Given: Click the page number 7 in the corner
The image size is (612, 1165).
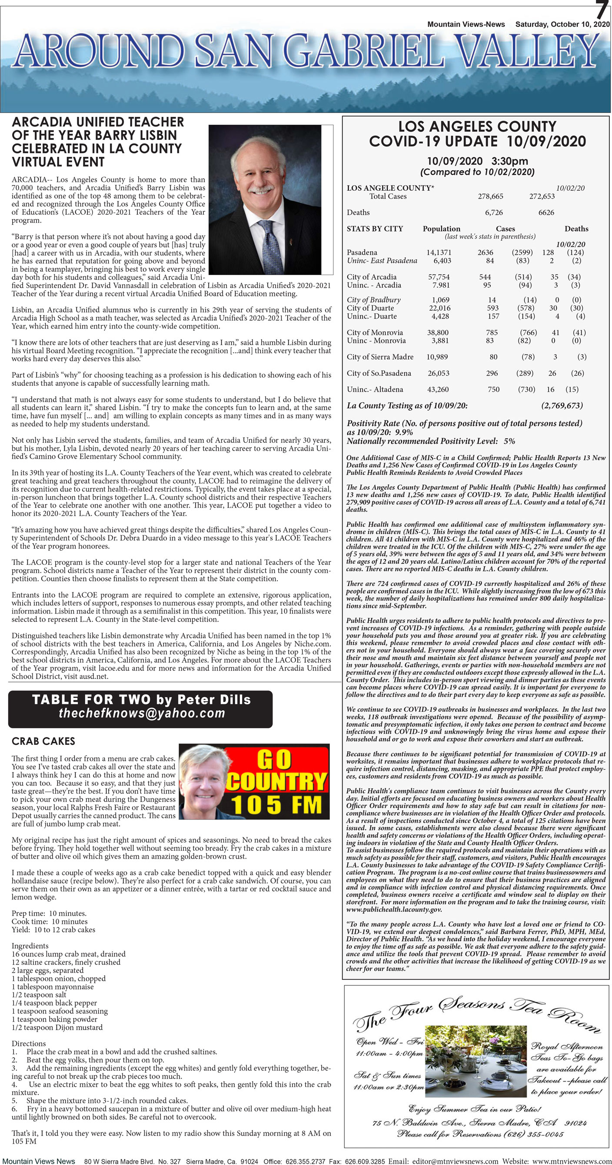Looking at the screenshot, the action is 602,10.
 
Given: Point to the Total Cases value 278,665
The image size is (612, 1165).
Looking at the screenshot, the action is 490,196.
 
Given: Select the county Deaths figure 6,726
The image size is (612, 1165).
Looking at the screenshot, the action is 493,212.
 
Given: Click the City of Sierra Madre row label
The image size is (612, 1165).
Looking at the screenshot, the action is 380,357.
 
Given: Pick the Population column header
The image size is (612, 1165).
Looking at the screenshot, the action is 441,229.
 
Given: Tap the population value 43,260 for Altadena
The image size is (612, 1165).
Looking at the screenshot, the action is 438,389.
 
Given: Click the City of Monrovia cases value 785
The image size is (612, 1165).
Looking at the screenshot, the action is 492,332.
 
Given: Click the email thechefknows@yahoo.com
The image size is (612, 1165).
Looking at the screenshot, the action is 142,713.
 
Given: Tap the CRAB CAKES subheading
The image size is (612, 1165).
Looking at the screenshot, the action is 43,741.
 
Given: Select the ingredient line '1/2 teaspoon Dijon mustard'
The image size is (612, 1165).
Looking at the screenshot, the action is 57,1028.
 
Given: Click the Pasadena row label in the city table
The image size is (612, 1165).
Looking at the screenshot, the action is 362,252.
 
